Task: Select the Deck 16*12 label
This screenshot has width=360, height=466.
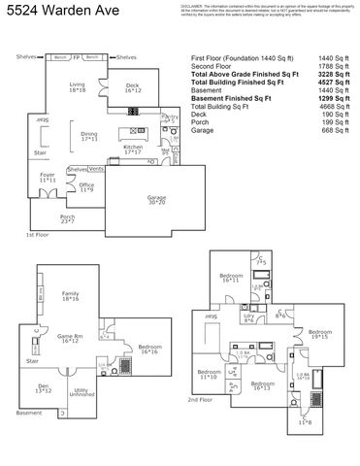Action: pyautogui.click(x=133, y=88)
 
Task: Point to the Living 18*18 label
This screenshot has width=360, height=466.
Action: pyautogui.click(x=77, y=88)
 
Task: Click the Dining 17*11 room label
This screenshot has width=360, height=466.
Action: pyautogui.click(x=89, y=137)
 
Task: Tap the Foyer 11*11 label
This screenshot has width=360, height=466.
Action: pyautogui.click(x=47, y=179)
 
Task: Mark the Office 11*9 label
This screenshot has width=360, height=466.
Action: pyautogui.click(x=86, y=186)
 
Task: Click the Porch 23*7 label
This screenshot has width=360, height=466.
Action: pyautogui.click(x=67, y=219)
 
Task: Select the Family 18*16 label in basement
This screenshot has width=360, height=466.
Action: pyautogui.click(x=70, y=296)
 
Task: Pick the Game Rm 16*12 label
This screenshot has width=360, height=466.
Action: pyautogui.click(x=70, y=339)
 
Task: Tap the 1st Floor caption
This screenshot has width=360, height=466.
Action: pyautogui.click(x=37, y=235)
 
